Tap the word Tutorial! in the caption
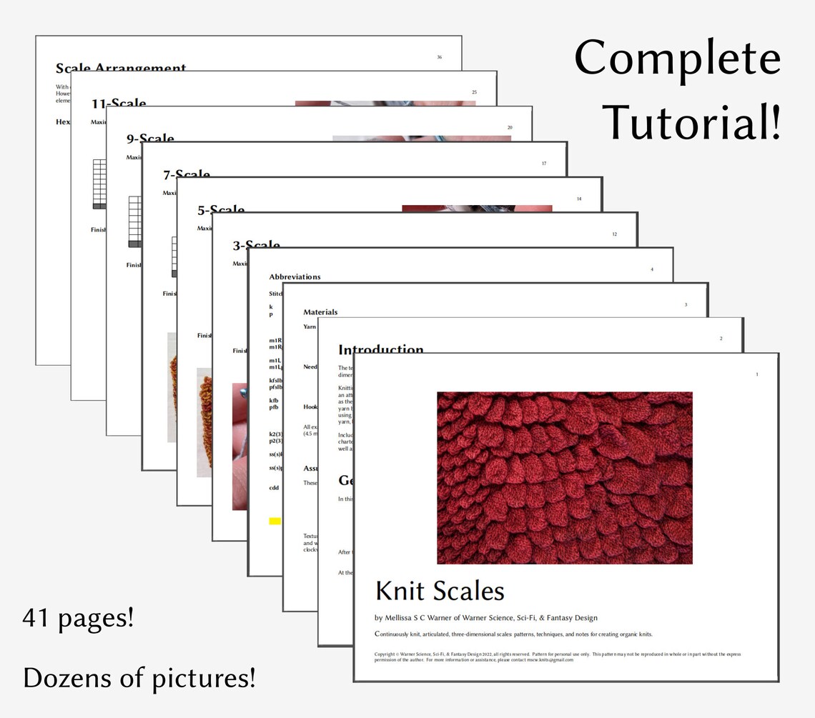coord(692,120)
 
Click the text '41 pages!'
coord(78,617)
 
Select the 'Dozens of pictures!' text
coord(139,677)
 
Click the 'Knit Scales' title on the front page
coord(440,591)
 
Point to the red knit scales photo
coord(564,477)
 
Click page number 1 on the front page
coord(756,374)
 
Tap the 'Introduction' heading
coord(380,350)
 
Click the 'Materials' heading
coord(320,312)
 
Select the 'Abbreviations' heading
coord(295,276)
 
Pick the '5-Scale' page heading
coord(221,210)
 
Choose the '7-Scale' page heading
coord(186,175)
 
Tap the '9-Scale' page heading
coord(150,139)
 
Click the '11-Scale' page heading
coord(119,104)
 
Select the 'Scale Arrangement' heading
coord(121,69)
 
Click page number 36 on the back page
coord(439,57)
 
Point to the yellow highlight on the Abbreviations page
coord(275,522)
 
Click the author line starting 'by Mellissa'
coord(485,618)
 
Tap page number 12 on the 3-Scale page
coord(614,234)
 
